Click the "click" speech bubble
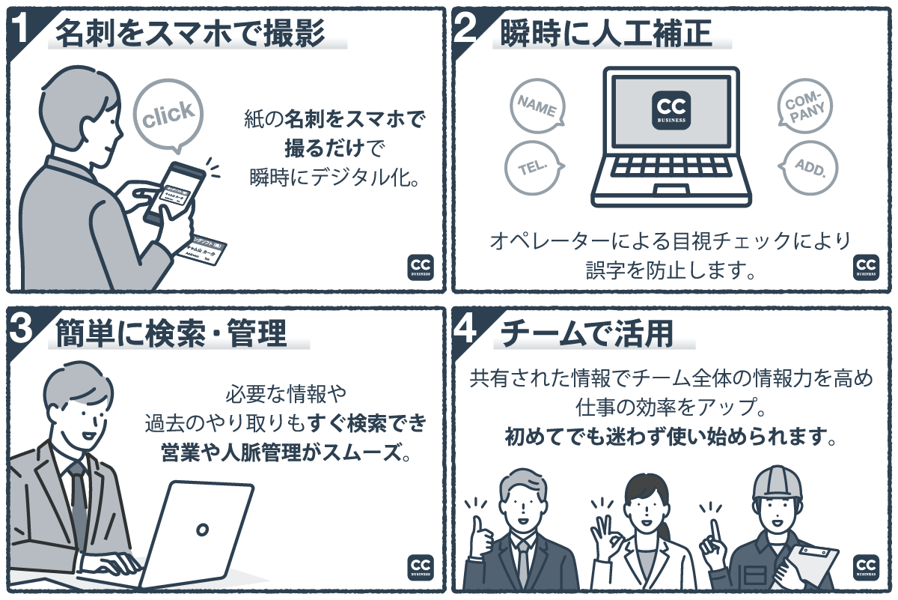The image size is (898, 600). point(168,115)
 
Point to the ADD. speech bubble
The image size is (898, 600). point(809,166)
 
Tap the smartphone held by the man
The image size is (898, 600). point(173,190)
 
